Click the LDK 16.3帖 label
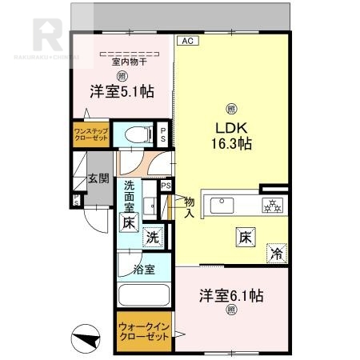click(x=231, y=136)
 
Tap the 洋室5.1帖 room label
click(x=122, y=92)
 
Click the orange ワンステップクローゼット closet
click(x=90, y=133)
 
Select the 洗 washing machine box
click(x=152, y=237)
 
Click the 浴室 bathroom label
click(x=144, y=268)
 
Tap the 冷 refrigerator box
click(x=276, y=254)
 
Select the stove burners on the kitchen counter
click(x=272, y=205)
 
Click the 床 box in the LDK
click(x=245, y=237)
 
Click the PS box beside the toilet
click(x=163, y=134)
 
